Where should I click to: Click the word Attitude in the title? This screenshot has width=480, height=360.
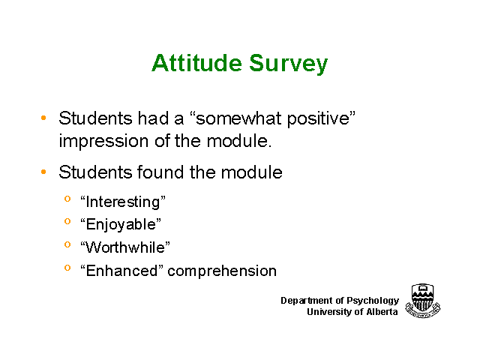point(196,63)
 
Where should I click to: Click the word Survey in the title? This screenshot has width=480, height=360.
point(288,64)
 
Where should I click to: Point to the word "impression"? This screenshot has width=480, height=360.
point(103,142)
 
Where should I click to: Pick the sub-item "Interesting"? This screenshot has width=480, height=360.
point(123,202)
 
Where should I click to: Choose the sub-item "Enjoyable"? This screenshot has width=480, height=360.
point(121,225)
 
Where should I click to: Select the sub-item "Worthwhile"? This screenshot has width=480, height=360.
point(125,247)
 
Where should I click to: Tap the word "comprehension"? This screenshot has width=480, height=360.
point(222,271)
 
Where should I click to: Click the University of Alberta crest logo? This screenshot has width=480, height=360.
point(423,300)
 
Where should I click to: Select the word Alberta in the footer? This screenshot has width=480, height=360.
point(382,312)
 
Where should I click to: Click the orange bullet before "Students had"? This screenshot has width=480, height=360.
point(43,118)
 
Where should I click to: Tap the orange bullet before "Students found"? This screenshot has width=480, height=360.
point(43,172)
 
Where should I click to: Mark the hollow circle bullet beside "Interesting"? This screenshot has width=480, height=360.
point(67,199)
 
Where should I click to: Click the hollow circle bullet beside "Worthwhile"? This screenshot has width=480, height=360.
point(67,244)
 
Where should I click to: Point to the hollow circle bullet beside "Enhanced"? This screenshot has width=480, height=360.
point(67,268)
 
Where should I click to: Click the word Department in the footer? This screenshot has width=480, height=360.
point(307,300)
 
